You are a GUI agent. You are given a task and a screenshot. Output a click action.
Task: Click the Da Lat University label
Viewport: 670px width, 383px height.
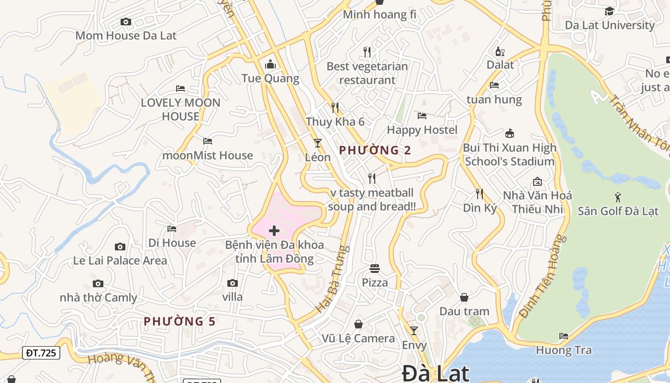[x=610, y=25]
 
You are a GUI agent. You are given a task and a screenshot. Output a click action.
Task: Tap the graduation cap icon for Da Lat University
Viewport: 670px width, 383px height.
[x=609, y=11]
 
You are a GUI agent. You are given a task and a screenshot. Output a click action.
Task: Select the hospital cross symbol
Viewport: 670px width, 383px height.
[x=274, y=231]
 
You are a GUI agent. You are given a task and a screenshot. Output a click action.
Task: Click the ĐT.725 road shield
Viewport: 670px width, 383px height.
[x=41, y=353]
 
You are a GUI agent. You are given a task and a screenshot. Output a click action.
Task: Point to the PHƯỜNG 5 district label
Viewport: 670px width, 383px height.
[x=179, y=321]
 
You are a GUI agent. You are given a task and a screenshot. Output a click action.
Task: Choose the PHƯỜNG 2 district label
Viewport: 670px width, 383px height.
[x=375, y=150]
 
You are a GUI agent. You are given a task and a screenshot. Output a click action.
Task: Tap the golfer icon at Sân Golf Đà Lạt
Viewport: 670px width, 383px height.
[x=617, y=196]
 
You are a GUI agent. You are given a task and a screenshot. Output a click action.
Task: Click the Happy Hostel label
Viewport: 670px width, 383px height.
[x=422, y=130]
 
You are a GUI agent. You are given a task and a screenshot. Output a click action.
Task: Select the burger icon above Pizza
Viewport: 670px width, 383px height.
[x=375, y=269]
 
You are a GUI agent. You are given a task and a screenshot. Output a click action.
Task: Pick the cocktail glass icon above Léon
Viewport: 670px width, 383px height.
[x=317, y=143]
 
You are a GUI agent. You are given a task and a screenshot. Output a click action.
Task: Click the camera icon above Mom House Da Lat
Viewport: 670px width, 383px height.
[x=126, y=22]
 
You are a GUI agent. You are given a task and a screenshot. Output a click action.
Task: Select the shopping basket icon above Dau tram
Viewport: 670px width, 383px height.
[x=464, y=297]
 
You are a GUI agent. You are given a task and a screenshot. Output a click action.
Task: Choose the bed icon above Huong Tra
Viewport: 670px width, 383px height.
[x=564, y=336]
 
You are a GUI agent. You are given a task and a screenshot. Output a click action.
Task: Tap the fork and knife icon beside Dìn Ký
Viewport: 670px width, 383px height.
[x=480, y=193]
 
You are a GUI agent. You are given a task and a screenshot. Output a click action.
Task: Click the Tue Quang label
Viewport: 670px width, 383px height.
[x=270, y=79]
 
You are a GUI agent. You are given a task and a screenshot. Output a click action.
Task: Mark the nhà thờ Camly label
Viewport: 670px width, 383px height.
[x=98, y=297]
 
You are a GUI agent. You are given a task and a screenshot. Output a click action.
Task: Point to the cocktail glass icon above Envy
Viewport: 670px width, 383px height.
[x=414, y=330]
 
